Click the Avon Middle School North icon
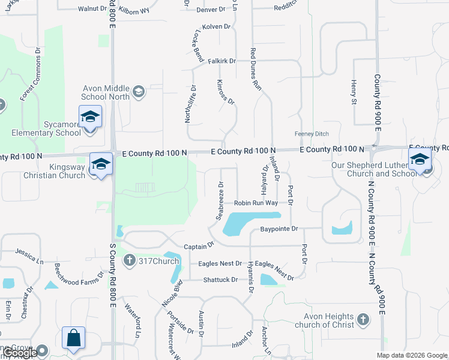139,91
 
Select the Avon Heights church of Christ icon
362,320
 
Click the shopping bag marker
73,337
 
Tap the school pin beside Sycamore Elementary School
90,117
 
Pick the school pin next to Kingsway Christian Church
101,164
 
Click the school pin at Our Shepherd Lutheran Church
419,159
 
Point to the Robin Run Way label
256,203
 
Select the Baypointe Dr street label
279,229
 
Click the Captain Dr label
199,246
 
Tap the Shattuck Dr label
220,280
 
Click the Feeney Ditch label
311,133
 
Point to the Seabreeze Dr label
221,200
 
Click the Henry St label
354,91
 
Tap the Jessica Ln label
30,256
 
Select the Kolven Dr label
217,26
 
